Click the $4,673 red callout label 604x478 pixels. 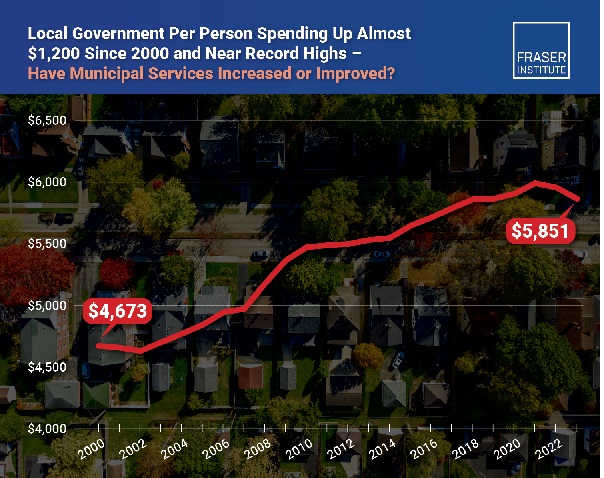click(118, 311)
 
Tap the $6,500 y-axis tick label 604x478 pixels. click(47, 121)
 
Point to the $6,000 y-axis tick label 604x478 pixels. click(47, 182)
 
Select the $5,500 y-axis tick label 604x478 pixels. click(47, 244)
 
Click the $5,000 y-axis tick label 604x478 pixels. click(47, 305)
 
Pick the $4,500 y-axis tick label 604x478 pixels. click(47, 367)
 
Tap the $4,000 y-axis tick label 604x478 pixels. click(47, 428)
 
